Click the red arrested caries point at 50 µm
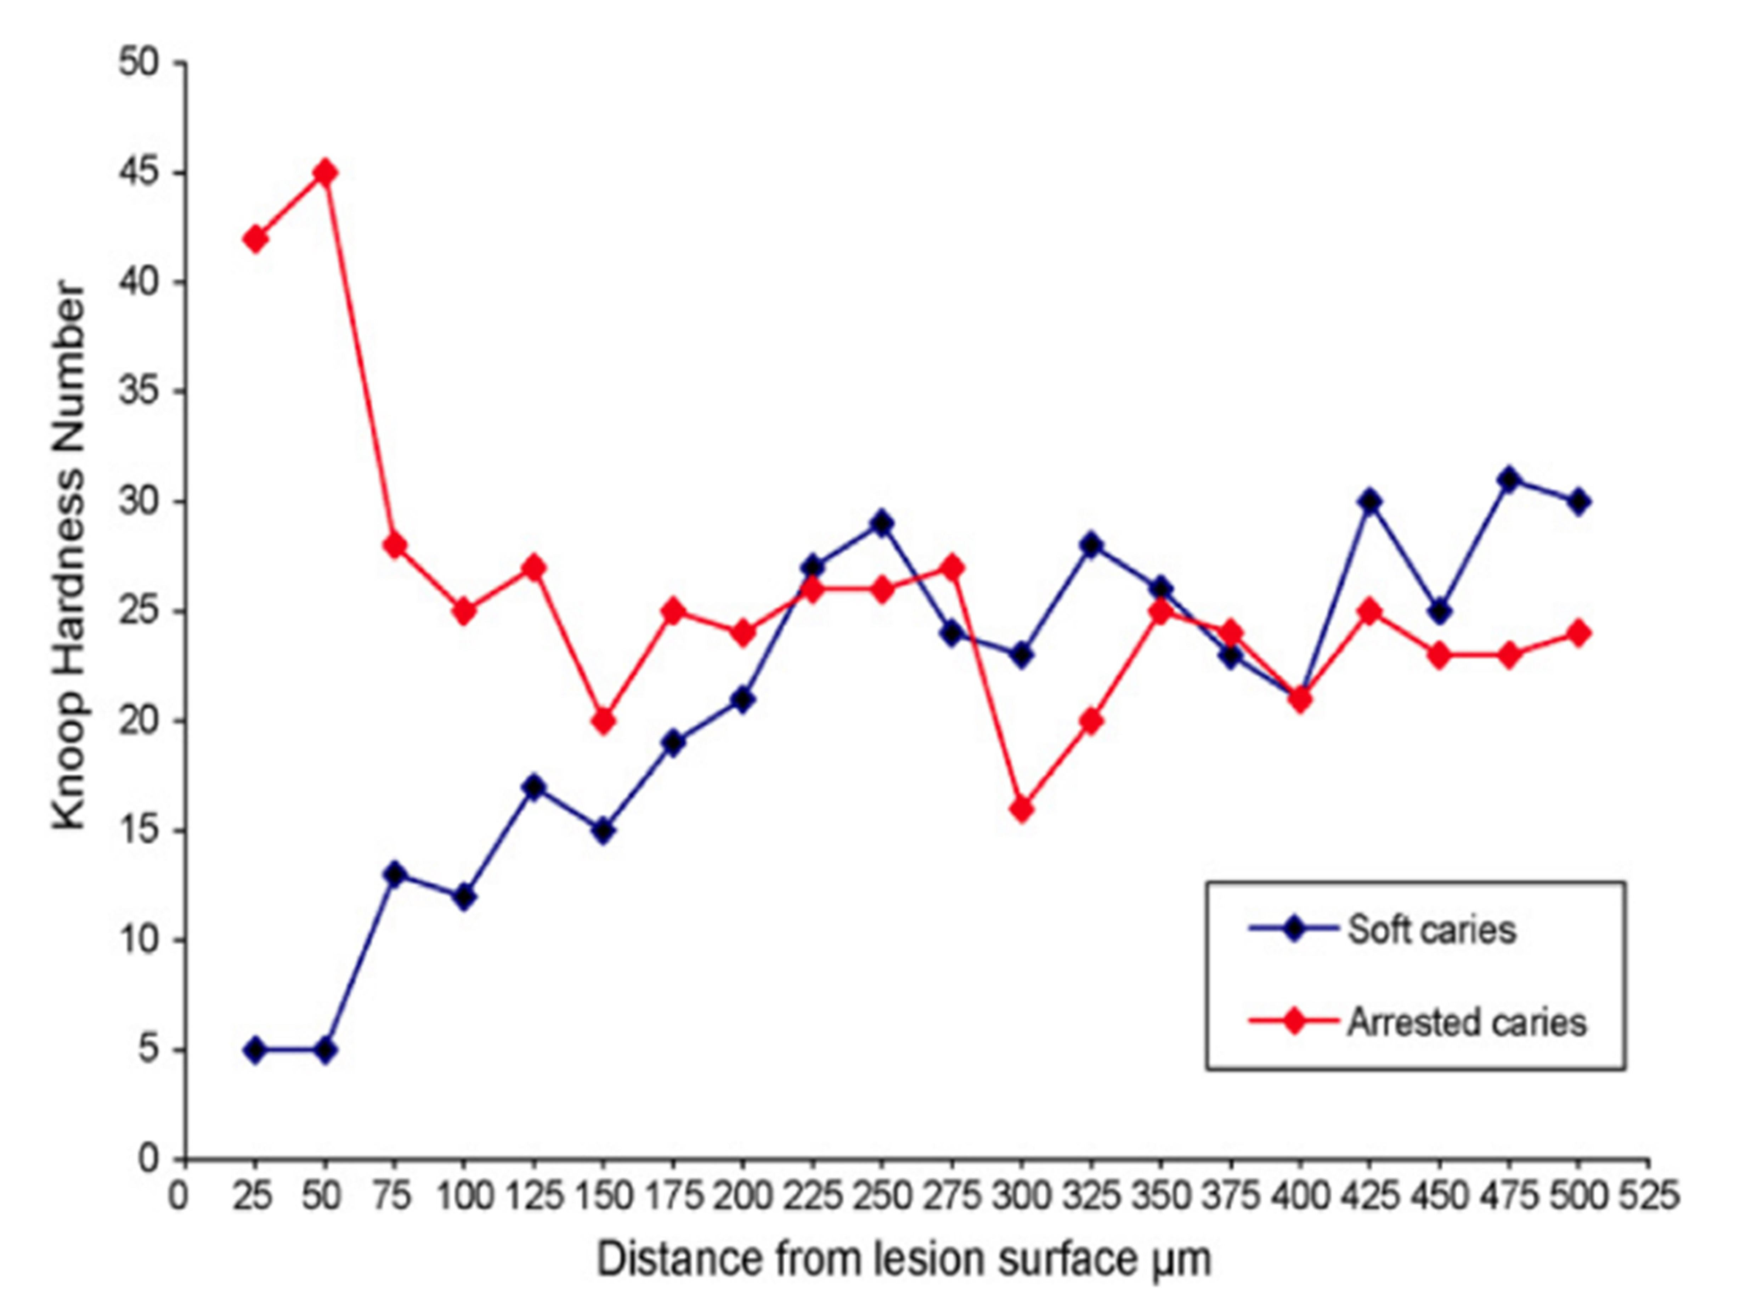[326, 172]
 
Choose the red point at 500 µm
[1579, 633]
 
